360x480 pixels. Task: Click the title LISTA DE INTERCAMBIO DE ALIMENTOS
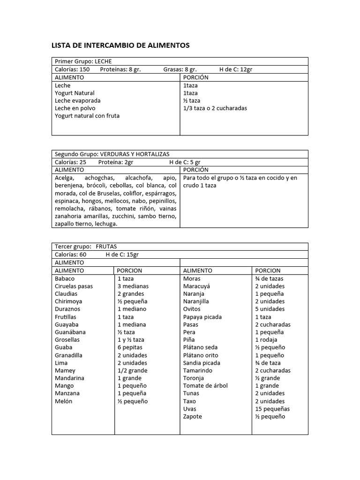[120, 45]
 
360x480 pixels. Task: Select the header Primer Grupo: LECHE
[83, 61]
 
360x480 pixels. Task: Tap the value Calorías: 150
[72, 69]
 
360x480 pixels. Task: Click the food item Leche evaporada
[77, 101]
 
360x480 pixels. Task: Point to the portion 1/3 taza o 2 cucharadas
[215, 108]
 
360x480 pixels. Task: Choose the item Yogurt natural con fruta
[87, 116]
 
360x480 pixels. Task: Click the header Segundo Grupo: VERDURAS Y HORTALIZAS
[112, 154]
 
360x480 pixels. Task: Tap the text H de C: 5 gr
[185, 162]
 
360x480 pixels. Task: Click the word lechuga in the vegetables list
[105, 224]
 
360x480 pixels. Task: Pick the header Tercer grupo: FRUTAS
[86, 247]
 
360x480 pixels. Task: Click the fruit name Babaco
[65, 278]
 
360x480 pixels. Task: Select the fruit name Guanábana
[70, 332]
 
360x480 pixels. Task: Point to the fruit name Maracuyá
[196, 286]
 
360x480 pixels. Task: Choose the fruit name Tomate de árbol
[205, 386]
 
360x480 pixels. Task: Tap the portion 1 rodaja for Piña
[266, 340]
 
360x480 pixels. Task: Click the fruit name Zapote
[193, 416]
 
